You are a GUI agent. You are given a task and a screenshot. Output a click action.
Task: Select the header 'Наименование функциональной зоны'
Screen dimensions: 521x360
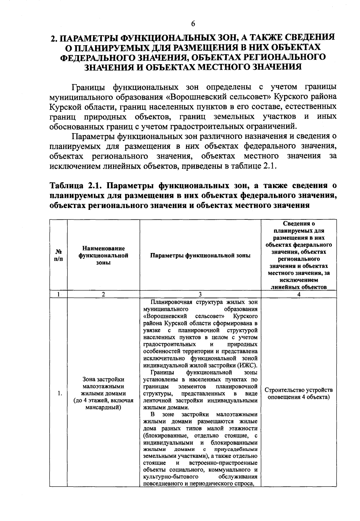point(103,255)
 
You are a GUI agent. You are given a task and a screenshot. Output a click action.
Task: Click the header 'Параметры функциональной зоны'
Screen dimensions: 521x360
point(200,255)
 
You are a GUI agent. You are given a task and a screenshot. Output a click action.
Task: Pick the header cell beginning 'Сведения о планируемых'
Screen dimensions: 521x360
point(298,255)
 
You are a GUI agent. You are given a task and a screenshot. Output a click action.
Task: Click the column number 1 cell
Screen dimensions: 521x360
point(58,294)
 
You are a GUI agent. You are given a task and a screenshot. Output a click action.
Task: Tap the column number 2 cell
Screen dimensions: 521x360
point(103,294)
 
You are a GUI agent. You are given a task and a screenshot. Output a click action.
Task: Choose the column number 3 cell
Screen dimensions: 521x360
point(200,294)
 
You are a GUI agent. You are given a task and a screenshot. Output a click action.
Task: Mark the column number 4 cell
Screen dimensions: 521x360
point(298,294)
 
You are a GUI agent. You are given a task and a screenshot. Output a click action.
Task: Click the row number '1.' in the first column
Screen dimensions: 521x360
point(60,394)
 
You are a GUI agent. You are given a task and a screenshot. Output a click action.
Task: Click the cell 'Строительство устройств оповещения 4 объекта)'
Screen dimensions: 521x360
point(298,394)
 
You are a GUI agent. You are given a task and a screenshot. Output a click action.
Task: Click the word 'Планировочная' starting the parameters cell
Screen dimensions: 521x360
point(168,302)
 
